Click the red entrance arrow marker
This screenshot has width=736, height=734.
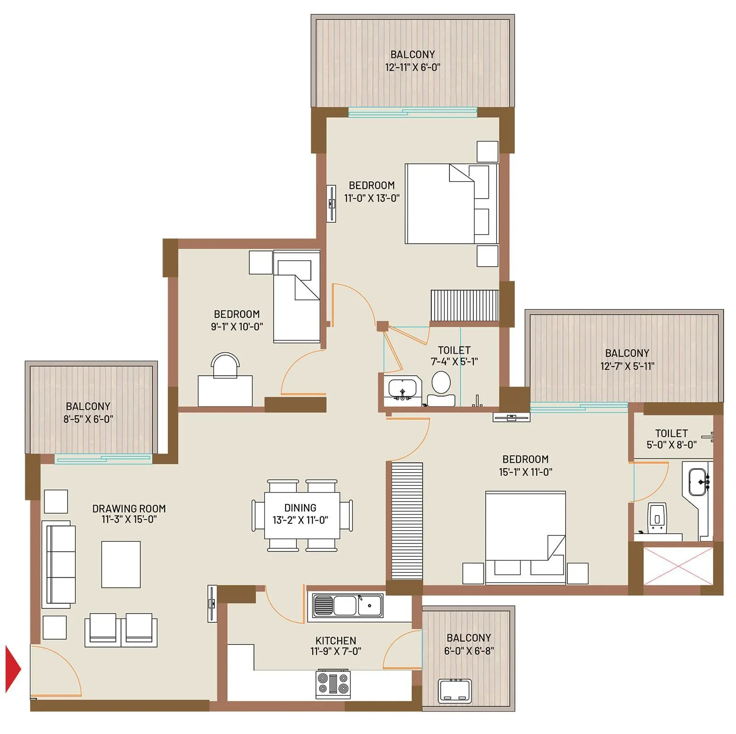[12, 669]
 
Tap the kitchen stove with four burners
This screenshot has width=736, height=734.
[333, 685]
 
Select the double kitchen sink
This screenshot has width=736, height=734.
[348, 605]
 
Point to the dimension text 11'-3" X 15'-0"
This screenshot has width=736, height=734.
[129, 520]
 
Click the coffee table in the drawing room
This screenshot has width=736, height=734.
[121, 564]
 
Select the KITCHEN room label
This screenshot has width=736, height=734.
[336, 640]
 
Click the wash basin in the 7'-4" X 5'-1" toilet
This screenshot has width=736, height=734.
[402, 389]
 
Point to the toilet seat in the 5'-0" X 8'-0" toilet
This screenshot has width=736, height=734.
[657, 518]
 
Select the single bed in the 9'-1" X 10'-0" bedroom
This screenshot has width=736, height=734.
[297, 297]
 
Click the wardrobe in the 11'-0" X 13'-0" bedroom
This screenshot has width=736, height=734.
[465, 305]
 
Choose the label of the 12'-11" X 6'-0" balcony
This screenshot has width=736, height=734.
[413, 54]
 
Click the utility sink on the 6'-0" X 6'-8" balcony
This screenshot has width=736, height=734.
[455, 690]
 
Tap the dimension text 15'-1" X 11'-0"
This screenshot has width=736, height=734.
[525, 472]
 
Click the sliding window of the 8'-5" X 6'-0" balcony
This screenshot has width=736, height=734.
[103, 458]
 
